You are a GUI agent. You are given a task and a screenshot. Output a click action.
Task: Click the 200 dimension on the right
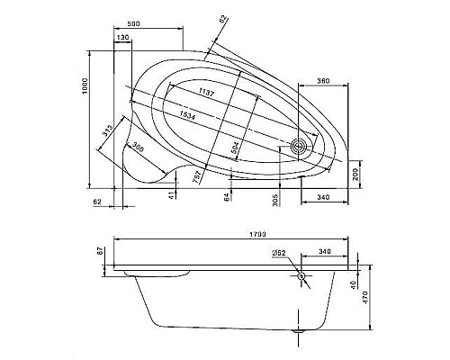coord(355,174)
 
